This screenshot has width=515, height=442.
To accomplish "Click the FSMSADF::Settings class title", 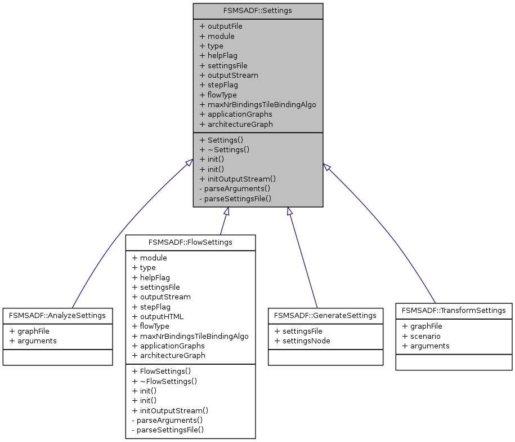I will click(258, 11).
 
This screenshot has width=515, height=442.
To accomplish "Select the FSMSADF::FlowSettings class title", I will click(190, 242).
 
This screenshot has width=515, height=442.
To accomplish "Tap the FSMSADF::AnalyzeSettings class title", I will click(57, 315).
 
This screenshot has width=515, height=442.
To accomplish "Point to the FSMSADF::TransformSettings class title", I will click(454, 310).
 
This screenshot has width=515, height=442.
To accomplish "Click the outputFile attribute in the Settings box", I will click(225, 26).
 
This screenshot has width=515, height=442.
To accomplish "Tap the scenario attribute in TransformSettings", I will click(422, 336).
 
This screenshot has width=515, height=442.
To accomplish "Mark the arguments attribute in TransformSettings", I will click(426, 346).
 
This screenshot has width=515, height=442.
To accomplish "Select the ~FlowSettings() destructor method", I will click(164, 381).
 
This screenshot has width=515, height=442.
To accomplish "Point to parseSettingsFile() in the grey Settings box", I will click(235, 198).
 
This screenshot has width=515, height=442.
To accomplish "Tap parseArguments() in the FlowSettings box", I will click(167, 420).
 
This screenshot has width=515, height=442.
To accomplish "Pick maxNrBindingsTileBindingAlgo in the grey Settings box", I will click(257, 104).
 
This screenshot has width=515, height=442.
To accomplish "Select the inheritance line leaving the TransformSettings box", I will click(394, 237).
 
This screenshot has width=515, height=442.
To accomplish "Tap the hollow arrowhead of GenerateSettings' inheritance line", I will click(289, 211).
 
